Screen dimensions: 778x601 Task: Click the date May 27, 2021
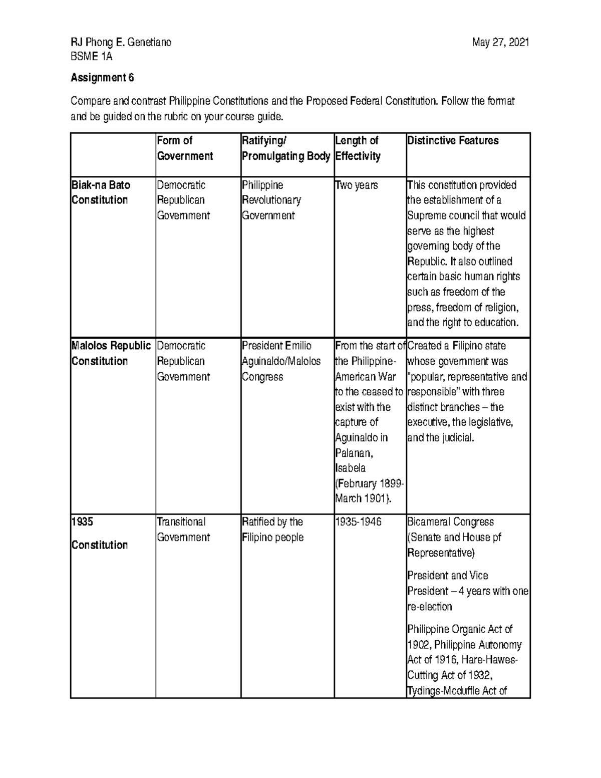click(x=500, y=43)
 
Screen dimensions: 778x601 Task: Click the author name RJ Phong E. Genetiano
click(x=121, y=43)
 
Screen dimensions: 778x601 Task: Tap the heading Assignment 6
click(x=102, y=78)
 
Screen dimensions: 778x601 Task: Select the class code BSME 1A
click(x=91, y=57)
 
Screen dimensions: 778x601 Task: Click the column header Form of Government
click(x=184, y=148)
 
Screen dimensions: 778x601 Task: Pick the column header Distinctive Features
click(x=453, y=141)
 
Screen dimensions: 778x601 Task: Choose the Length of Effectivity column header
click(x=358, y=148)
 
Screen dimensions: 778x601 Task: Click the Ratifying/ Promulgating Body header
click(x=285, y=148)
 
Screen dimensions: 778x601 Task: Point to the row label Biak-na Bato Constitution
click(x=101, y=192)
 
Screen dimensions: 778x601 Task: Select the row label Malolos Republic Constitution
click(x=111, y=353)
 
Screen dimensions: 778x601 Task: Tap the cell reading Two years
click(x=356, y=185)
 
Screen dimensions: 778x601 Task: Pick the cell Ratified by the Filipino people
click(x=272, y=530)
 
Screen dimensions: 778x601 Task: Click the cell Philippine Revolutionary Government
click(x=271, y=200)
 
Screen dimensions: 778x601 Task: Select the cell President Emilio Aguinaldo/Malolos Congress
click(x=281, y=361)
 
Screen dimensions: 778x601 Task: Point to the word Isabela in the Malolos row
click(x=350, y=468)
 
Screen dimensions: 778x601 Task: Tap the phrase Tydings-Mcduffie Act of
click(x=457, y=691)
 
